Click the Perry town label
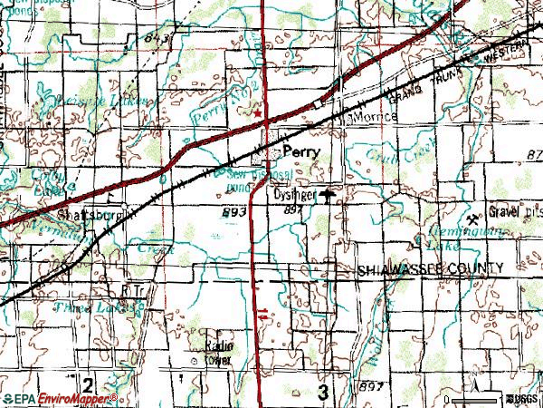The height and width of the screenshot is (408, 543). (301, 154)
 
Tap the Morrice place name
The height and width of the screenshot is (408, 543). (370, 118)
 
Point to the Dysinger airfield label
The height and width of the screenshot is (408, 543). (293, 193)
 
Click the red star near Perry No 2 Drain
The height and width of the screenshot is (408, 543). (257, 113)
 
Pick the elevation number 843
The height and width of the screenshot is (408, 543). (157, 38)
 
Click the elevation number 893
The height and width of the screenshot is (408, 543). (230, 209)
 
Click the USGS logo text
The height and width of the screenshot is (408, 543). (525, 399)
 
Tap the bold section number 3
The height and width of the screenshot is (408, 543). (324, 392)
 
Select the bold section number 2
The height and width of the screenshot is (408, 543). (89, 382)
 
